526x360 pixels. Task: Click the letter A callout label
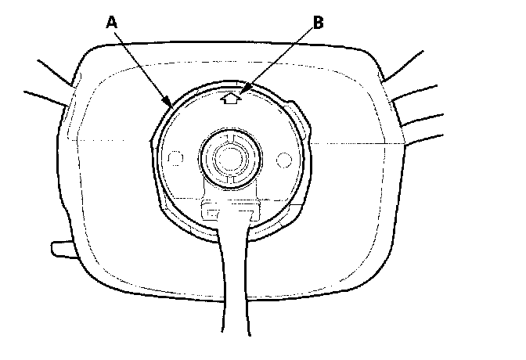[x=112, y=23]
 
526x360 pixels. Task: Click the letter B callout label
[x=319, y=23]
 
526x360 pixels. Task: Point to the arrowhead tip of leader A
[x=171, y=104]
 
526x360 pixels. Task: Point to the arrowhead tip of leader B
[x=240, y=95]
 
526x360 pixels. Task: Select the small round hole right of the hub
[x=285, y=159]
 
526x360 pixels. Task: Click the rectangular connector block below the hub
[x=230, y=209]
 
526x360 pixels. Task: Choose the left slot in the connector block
[x=212, y=210]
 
